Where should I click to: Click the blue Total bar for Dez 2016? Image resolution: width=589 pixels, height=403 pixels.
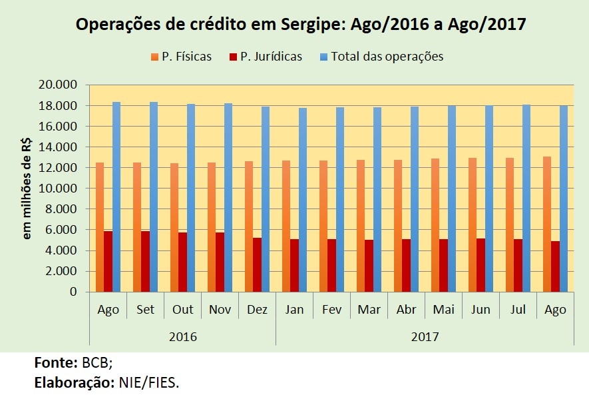pos(266,199)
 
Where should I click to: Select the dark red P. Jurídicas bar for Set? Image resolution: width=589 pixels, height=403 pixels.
pos(145,261)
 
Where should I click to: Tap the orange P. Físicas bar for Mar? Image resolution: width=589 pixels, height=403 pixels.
pos(361,226)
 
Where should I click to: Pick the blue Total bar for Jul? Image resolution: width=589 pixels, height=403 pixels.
pos(526,198)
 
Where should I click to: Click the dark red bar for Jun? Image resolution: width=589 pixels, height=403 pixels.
pos(481,265)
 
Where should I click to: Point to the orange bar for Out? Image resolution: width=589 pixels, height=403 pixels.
pos(174,227)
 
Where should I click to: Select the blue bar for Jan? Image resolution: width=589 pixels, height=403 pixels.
pos(303,200)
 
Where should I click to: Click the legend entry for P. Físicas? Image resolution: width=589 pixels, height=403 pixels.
pos(182,57)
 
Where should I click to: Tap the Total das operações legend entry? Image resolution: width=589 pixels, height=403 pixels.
pos(382,57)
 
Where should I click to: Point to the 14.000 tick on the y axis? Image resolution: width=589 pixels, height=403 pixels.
pos(58,147)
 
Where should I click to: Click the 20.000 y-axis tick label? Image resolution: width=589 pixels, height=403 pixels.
pos(58,85)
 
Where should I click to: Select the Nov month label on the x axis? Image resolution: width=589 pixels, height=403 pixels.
pos(220,309)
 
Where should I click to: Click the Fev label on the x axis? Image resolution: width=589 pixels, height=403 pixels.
pos(331,309)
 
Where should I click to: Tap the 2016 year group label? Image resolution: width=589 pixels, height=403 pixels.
pos(183,336)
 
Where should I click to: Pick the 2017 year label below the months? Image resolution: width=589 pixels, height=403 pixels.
pos(425,336)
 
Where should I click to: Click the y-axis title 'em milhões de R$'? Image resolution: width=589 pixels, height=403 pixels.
pos(27,189)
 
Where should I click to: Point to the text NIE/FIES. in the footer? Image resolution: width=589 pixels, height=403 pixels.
pos(149,383)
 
